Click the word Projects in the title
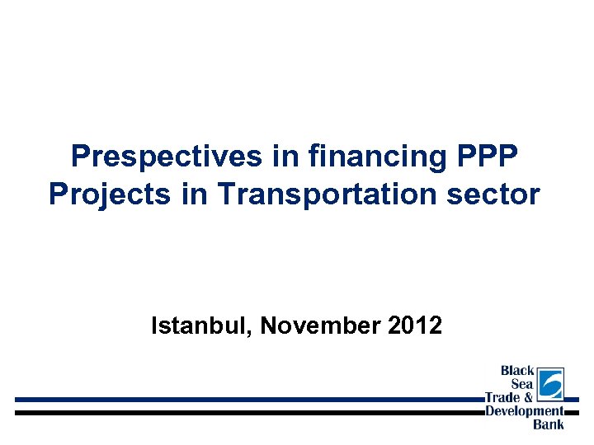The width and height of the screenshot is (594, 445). [x=101, y=194]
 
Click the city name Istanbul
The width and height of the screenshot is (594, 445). [x=201, y=326]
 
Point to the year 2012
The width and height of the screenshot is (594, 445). [x=414, y=326]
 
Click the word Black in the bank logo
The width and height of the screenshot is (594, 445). [x=517, y=371]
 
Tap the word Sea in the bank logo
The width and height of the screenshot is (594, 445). [x=522, y=384]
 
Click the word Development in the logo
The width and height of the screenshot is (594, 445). [x=524, y=410]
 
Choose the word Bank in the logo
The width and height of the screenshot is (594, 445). [x=549, y=424]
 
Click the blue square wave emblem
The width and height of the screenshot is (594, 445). [x=550, y=384]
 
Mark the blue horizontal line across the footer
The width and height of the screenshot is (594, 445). [x=247, y=399]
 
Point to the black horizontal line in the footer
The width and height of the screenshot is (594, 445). [x=247, y=411]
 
